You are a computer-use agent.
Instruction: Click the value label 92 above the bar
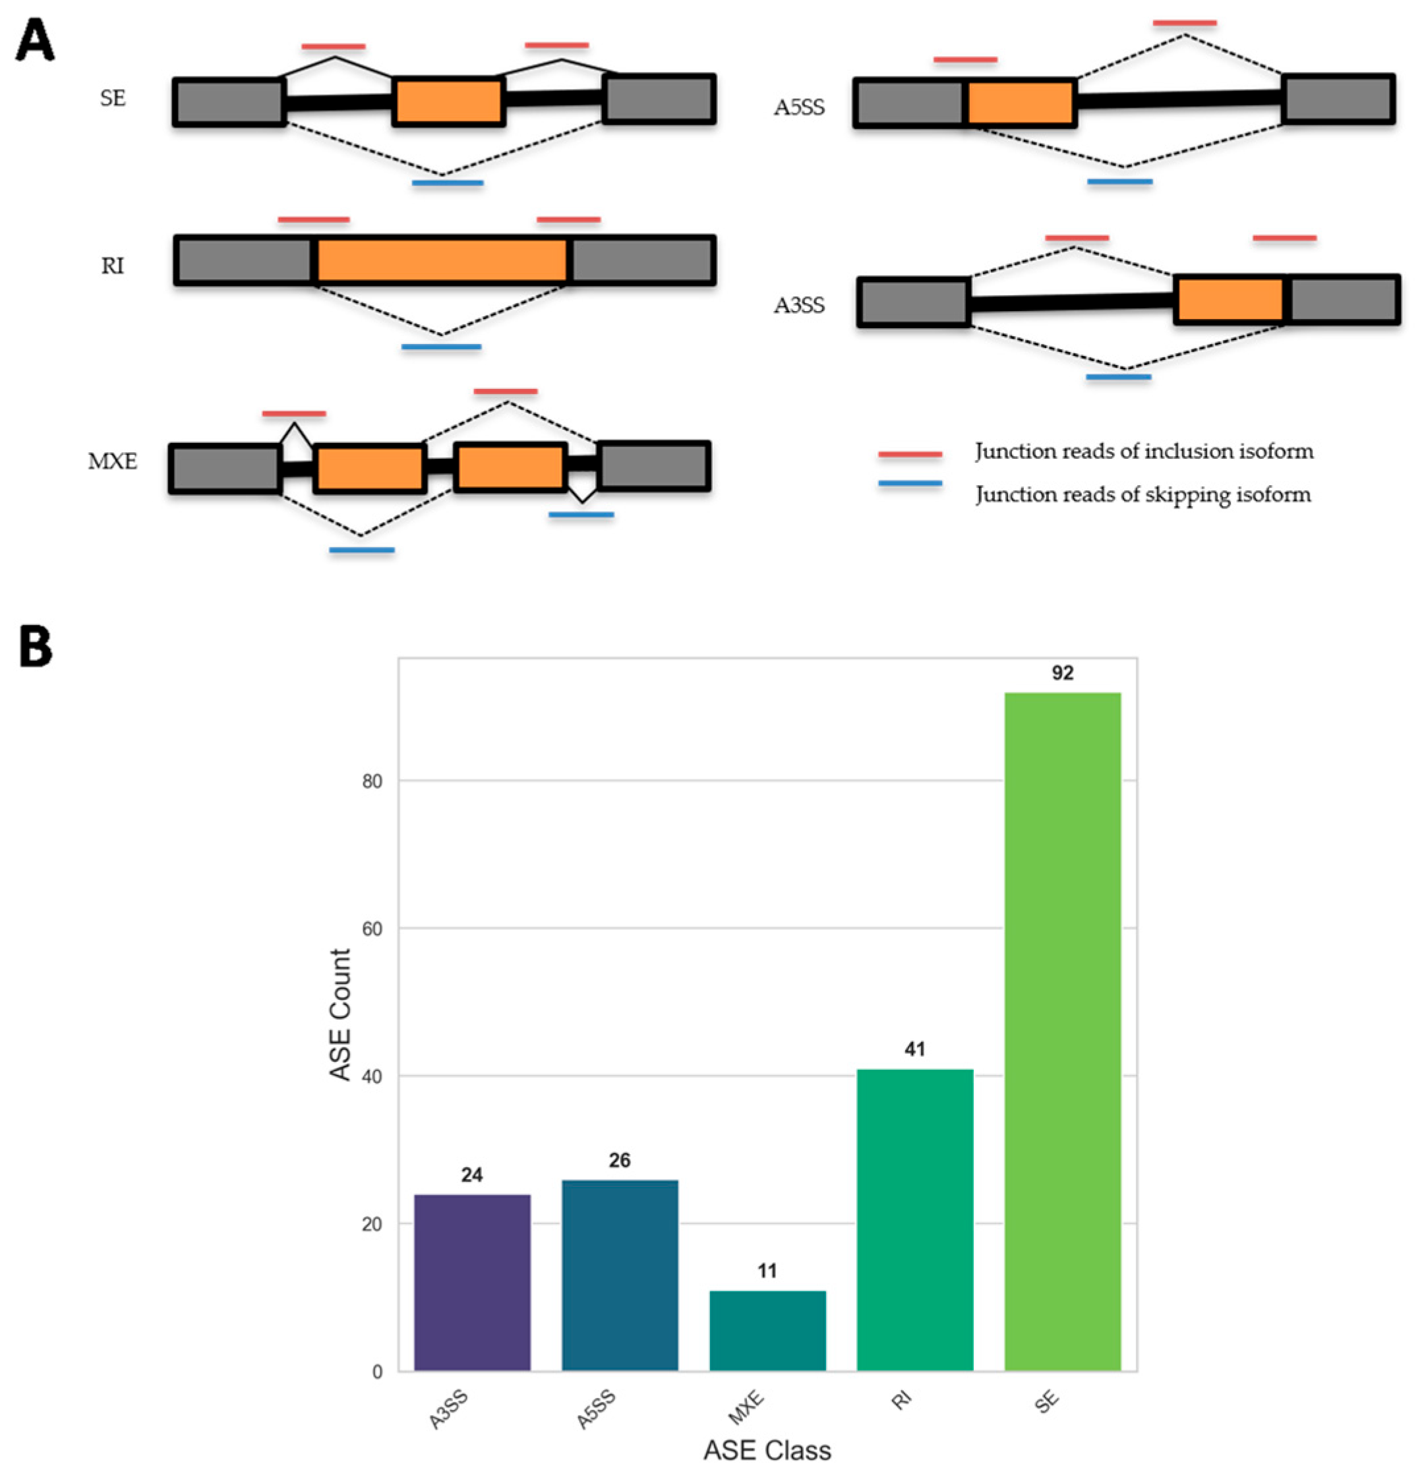1062,673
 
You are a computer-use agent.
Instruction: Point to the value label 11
767,1271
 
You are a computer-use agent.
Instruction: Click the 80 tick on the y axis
372,781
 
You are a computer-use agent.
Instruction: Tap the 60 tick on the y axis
372,929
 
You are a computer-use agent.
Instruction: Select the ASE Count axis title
340,1014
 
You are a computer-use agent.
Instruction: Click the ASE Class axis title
767,1450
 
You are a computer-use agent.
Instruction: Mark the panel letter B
36,647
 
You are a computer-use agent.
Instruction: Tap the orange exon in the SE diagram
448,101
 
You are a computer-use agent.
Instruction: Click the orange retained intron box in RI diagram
442,260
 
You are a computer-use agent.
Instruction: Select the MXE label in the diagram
113,461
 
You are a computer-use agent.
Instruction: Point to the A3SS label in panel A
799,306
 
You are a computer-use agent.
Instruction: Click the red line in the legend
910,454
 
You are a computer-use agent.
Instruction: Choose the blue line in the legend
910,484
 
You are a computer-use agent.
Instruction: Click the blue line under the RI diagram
441,347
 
